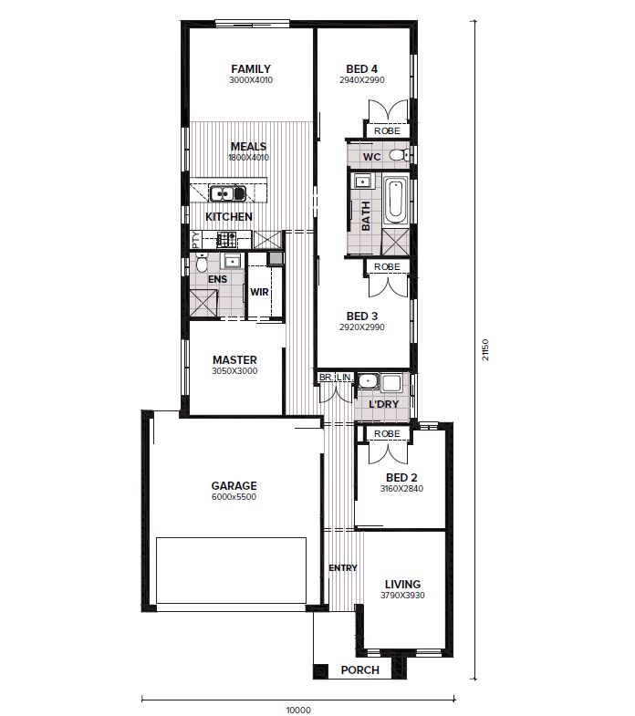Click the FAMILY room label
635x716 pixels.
click(251, 69)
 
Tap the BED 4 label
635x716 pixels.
click(362, 69)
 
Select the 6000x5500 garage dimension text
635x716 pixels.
click(234, 497)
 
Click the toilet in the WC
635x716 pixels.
click(399, 155)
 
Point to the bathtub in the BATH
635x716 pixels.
click(395, 201)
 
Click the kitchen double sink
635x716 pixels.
click(227, 193)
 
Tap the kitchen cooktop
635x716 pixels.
click(226, 238)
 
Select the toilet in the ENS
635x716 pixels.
click(202, 263)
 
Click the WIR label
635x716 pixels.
click(259, 292)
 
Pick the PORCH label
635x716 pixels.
click(360, 669)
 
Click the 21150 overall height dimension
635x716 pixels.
click(485, 349)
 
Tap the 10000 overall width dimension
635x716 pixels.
click(298, 710)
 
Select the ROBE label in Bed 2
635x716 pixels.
click(387, 434)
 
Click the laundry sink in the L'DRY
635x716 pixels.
click(367, 381)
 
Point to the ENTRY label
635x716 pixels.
click(343, 567)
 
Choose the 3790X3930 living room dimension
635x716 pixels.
click(402, 596)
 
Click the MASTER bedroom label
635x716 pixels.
click(234, 360)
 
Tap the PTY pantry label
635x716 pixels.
click(196, 240)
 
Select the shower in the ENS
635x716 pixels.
click(203, 303)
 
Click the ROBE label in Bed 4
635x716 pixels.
click(387, 131)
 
